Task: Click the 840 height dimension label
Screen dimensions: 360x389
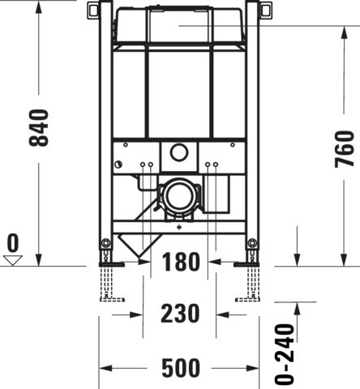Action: [39, 128]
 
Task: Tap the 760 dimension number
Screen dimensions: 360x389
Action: [345, 149]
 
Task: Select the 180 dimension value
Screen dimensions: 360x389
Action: [181, 262]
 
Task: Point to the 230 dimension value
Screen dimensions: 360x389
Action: [180, 314]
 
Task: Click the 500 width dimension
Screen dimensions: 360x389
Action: [181, 368]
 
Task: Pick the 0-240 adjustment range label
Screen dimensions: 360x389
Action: [285, 354]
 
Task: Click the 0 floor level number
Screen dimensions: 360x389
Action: [13, 243]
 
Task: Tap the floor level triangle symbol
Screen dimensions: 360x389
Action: [13, 260]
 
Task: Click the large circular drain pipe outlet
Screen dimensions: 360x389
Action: [178, 195]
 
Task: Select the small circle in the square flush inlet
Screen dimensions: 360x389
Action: [179, 152]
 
